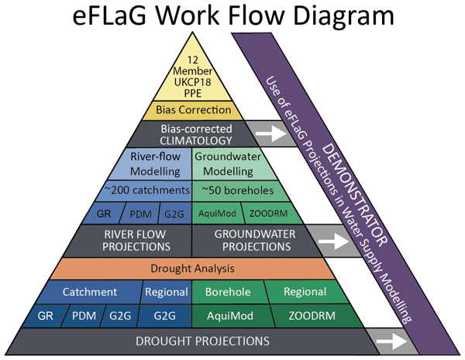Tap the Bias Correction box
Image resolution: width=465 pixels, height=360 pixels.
[190, 110]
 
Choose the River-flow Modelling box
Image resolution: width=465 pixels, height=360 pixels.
[153, 163]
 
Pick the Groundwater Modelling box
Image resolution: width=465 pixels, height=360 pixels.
[228, 163]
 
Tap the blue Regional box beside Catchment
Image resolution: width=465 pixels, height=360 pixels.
[166, 292]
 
